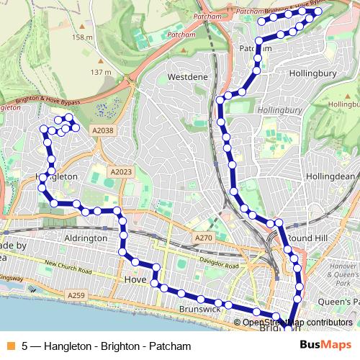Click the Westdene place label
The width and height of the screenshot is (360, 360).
188,76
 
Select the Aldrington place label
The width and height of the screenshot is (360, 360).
86,238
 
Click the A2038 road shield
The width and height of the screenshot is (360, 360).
103,130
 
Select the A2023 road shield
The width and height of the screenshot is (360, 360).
122,172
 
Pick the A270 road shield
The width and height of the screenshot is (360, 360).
204,238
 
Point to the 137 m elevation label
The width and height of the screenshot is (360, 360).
100,72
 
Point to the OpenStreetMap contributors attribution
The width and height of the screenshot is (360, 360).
297,323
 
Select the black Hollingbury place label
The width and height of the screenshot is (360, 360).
312,73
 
